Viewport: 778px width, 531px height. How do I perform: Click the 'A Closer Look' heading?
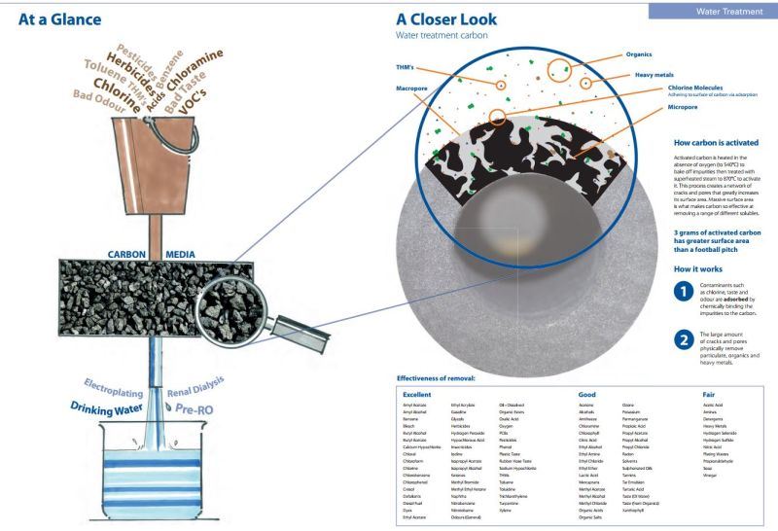tap(446, 18)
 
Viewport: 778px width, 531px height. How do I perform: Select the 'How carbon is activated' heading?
tap(716, 142)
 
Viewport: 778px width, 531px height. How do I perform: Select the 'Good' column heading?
tap(586, 394)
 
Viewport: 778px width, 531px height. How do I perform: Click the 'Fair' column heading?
tap(709, 394)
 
